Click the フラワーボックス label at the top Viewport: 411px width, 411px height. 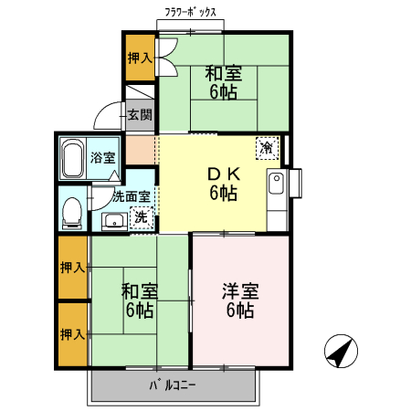pos(192,12)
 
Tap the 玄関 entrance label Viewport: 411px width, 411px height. pos(140,115)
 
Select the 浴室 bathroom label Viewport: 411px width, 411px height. pos(103,157)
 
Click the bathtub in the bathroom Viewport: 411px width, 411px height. pos(74,160)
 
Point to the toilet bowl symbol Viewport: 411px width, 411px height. pos(71,212)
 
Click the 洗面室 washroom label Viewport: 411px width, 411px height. pos(131,195)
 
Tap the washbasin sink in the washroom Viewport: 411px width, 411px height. pos(114,220)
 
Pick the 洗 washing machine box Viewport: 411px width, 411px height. pos(142,217)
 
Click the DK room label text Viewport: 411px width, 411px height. pos(223,174)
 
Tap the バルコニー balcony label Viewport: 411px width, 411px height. pos(173,385)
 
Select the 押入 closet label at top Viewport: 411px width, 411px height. pos(140,58)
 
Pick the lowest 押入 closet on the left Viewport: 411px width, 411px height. pos(72,334)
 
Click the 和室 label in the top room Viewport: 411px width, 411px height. pos(223,72)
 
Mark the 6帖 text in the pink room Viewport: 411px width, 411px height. pos(240,311)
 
